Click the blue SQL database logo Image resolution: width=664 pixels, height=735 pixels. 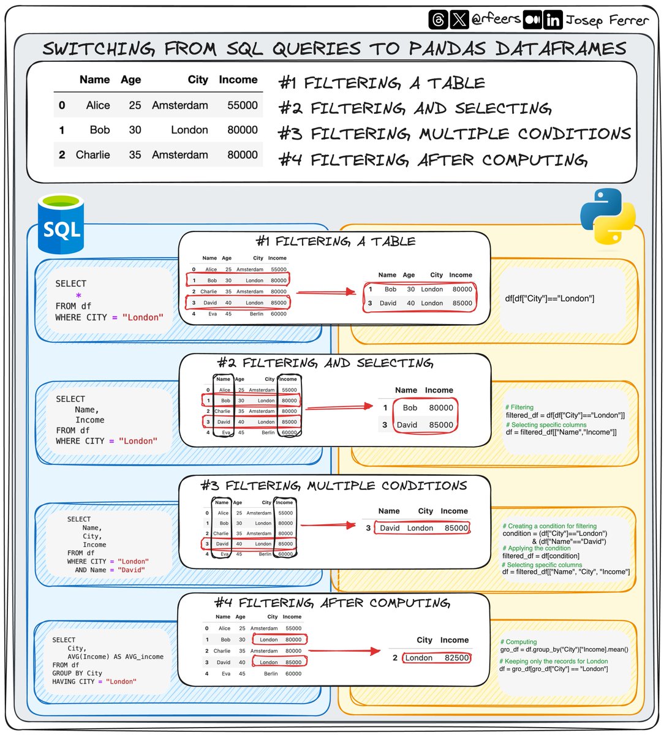[61, 224]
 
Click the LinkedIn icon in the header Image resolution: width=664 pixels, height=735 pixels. [553, 20]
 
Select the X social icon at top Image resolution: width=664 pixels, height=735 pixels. [459, 20]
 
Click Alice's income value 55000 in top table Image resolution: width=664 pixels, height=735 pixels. [242, 105]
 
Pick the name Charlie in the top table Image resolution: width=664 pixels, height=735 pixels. [92, 155]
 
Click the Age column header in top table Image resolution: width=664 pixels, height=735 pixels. [130, 80]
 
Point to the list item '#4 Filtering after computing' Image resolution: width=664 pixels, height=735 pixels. [433, 160]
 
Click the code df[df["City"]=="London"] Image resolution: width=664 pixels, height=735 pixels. [549, 299]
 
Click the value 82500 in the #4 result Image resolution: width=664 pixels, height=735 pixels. [456, 658]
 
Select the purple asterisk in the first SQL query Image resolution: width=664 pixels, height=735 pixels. [78, 296]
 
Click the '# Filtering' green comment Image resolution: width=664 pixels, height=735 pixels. [519, 407]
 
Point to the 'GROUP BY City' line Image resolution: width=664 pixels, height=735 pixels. [77, 673]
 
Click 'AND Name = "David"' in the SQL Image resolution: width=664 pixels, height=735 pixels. [110, 570]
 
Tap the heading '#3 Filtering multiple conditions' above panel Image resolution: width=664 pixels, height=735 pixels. [334, 486]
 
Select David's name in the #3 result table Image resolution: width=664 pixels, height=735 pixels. [390, 528]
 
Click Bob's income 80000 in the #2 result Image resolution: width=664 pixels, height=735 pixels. [440, 408]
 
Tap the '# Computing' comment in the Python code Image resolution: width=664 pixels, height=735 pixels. [518, 642]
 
